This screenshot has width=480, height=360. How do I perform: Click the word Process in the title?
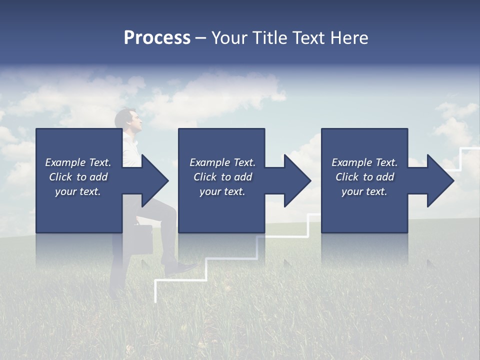click(157, 38)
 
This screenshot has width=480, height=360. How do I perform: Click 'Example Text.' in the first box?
click(78, 162)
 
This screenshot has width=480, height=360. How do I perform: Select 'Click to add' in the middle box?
click(222, 177)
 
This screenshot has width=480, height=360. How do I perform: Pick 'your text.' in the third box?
click(364, 191)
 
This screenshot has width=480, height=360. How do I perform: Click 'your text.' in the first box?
click(78, 191)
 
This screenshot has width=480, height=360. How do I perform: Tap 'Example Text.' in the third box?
click(364, 162)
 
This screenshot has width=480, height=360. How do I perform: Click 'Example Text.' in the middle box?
click(222, 162)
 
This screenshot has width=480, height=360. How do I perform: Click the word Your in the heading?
click(229, 38)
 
